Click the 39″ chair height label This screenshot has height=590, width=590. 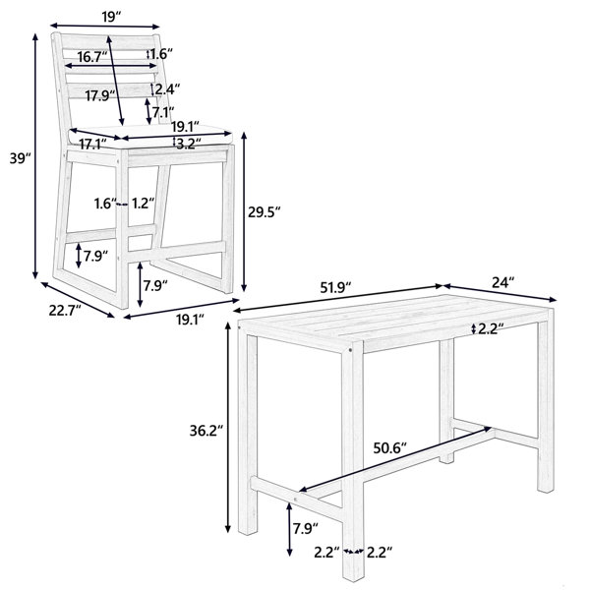click(20, 158)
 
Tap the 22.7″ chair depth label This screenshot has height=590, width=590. click(65, 311)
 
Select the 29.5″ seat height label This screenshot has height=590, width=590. click(265, 212)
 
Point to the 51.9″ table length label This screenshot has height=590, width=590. click(335, 288)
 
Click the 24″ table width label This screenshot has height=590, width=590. click(503, 282)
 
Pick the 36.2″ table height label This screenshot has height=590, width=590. click(206, 431)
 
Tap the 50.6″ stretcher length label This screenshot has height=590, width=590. click(390, 448)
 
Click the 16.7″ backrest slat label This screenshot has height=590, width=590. click(92, 57)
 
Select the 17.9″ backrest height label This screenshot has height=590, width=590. click(100, 95)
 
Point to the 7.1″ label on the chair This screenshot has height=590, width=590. click(163, 112)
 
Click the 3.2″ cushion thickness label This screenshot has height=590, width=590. click(189, 143)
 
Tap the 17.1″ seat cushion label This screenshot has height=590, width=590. click(93, 144)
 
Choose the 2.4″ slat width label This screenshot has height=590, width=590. click(167, 89)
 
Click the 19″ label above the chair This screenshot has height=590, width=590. click(112, 17)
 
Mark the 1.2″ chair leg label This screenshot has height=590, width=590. click(143, 204)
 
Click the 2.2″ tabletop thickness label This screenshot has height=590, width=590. click(491, 328)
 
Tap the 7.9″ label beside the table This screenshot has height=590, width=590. click(306, 529)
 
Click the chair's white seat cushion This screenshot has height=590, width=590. click(150, 136)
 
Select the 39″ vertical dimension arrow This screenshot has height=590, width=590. click(35, 156)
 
